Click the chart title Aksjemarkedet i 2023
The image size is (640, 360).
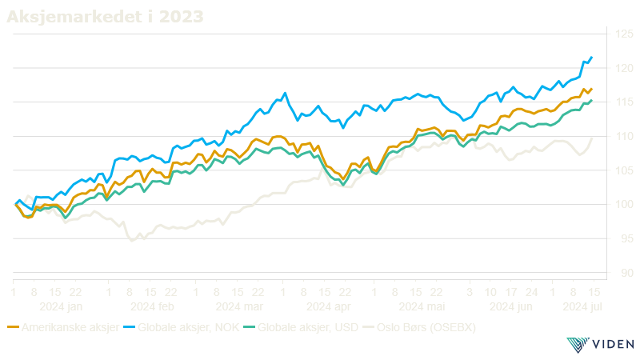[105, 15]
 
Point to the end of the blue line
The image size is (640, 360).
[591, 57]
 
